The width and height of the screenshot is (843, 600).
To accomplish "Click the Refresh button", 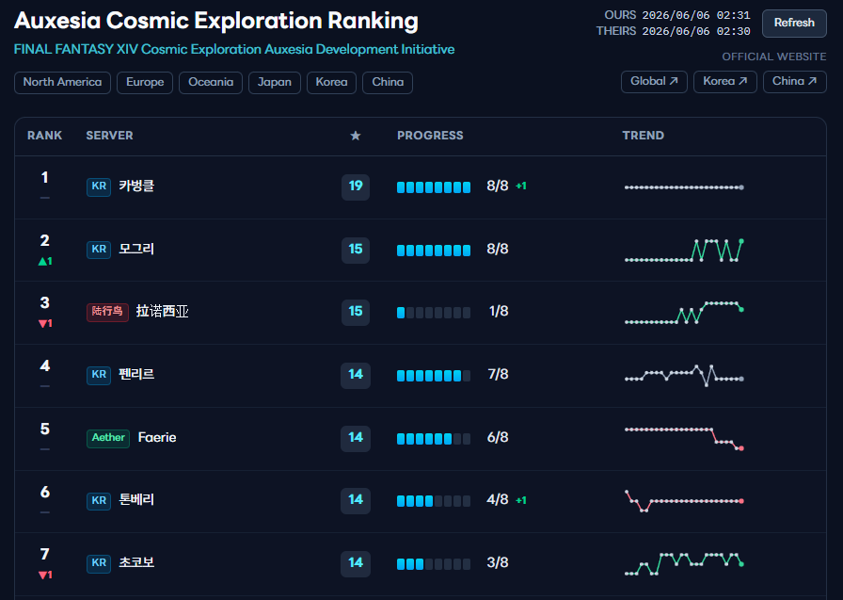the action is (x=794, y=24).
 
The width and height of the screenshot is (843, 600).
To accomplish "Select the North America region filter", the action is (x=62, y=82).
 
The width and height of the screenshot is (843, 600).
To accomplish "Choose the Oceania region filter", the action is (x=211, y=82).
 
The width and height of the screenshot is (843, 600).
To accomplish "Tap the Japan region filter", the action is (x=274, y=82).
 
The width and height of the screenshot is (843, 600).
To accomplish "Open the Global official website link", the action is (x=654, y=81).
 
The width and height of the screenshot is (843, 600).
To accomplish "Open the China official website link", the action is (x=795, y=81).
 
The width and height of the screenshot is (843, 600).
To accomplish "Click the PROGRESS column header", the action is (x=430, y=136).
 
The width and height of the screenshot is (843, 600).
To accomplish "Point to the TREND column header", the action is (x=643, y=136).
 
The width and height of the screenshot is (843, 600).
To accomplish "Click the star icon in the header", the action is (x=356, y=136).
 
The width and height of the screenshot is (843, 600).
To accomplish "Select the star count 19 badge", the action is (x=356, y=186).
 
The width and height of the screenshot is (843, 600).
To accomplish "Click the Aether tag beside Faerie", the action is (x=108, y=437).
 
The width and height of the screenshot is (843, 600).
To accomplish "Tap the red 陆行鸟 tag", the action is (x=107, y=312).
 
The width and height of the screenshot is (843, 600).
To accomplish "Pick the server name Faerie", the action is (x=157, y=437).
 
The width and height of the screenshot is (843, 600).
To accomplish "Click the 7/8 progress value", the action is (x=498, y=375).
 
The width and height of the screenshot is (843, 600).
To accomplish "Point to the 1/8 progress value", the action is (x=499, y=312).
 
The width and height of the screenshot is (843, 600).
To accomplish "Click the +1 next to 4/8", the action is (x=521, y=500).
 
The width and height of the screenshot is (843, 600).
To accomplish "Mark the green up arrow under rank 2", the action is (x=42, y=262).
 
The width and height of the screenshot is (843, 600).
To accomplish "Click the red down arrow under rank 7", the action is (x=42, y=576).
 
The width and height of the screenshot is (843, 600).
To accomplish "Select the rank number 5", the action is (x=45, y=429).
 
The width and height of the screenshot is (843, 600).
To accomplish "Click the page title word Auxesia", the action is (x=57, y=21).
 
